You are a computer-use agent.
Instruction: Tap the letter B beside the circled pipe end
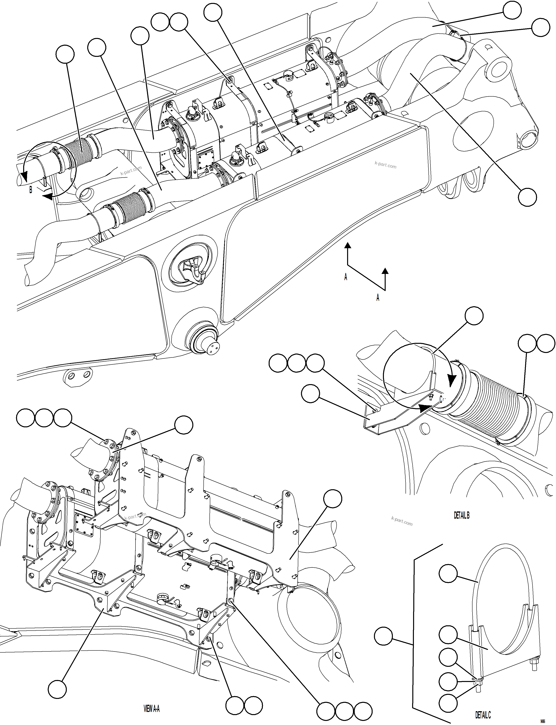point(31,190)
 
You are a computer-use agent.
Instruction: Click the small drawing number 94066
point(543,719)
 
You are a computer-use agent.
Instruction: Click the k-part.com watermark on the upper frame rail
point(385,165)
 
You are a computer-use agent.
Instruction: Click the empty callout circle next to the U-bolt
point(448,574)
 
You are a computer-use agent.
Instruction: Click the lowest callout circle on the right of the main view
point(527,197)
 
